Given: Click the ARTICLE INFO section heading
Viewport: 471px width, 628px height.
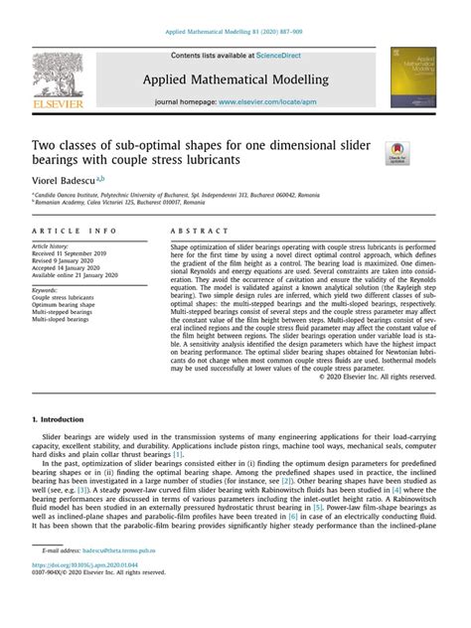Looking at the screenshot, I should click(x=75, y=230).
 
